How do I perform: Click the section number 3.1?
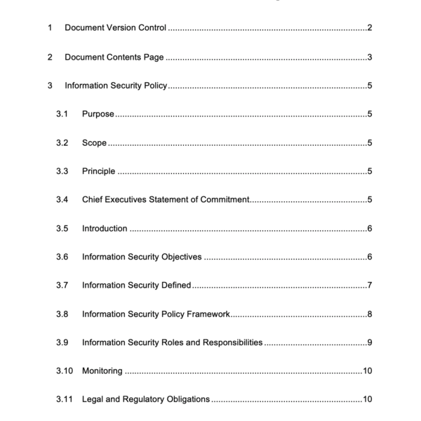pos(62,114)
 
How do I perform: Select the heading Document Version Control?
pos(115,28)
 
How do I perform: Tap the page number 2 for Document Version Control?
pos(369,28)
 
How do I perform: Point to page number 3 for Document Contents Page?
pos(369,57)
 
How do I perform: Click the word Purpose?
pos(98,114)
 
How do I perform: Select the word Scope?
pos(94,142)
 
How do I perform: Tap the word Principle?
pos(98,171)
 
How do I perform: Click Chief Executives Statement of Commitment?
pos(166,200)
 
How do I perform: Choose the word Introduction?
pos(105,228)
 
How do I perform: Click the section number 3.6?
pos(62,257)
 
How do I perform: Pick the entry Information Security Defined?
pos(137,286)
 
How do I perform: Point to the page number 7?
pos(369,286)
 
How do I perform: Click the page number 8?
pos(369,314)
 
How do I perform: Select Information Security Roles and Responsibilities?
pos(173,342)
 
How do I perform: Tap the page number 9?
pos(369,342)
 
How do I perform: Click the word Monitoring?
pos(102,370)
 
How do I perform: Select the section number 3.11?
pos(65,399)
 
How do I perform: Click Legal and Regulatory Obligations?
pos(146,399)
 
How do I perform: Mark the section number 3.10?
pos(65,370)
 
